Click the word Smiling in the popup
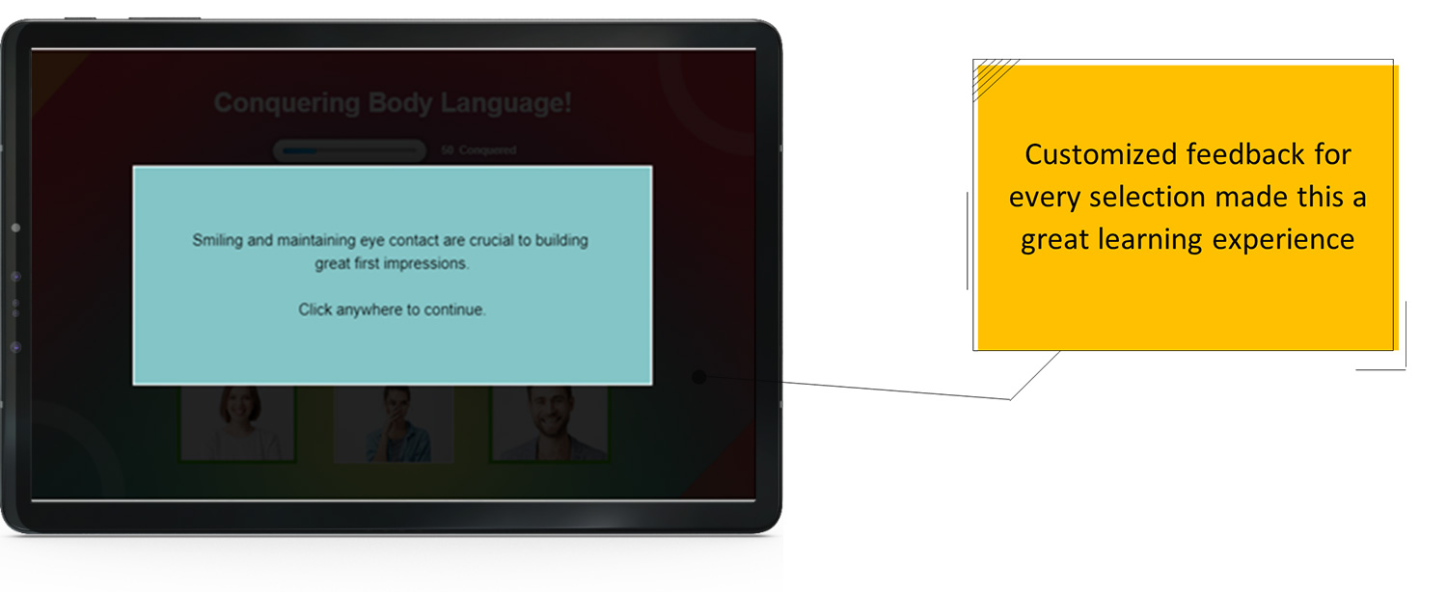point(218,240)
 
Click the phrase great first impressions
point(392,263)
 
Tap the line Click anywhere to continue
point(392,309)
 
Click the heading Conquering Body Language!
point(392,103)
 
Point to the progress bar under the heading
point(349,150)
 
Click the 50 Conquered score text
point(478,150)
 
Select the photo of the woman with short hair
point(237,423)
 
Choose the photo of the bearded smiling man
point(549,423)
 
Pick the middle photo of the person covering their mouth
point(394,423)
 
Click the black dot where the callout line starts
point(699,377)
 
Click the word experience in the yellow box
point(1297,238)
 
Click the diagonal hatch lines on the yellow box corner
point(994,74)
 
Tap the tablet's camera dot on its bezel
point(15,228)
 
